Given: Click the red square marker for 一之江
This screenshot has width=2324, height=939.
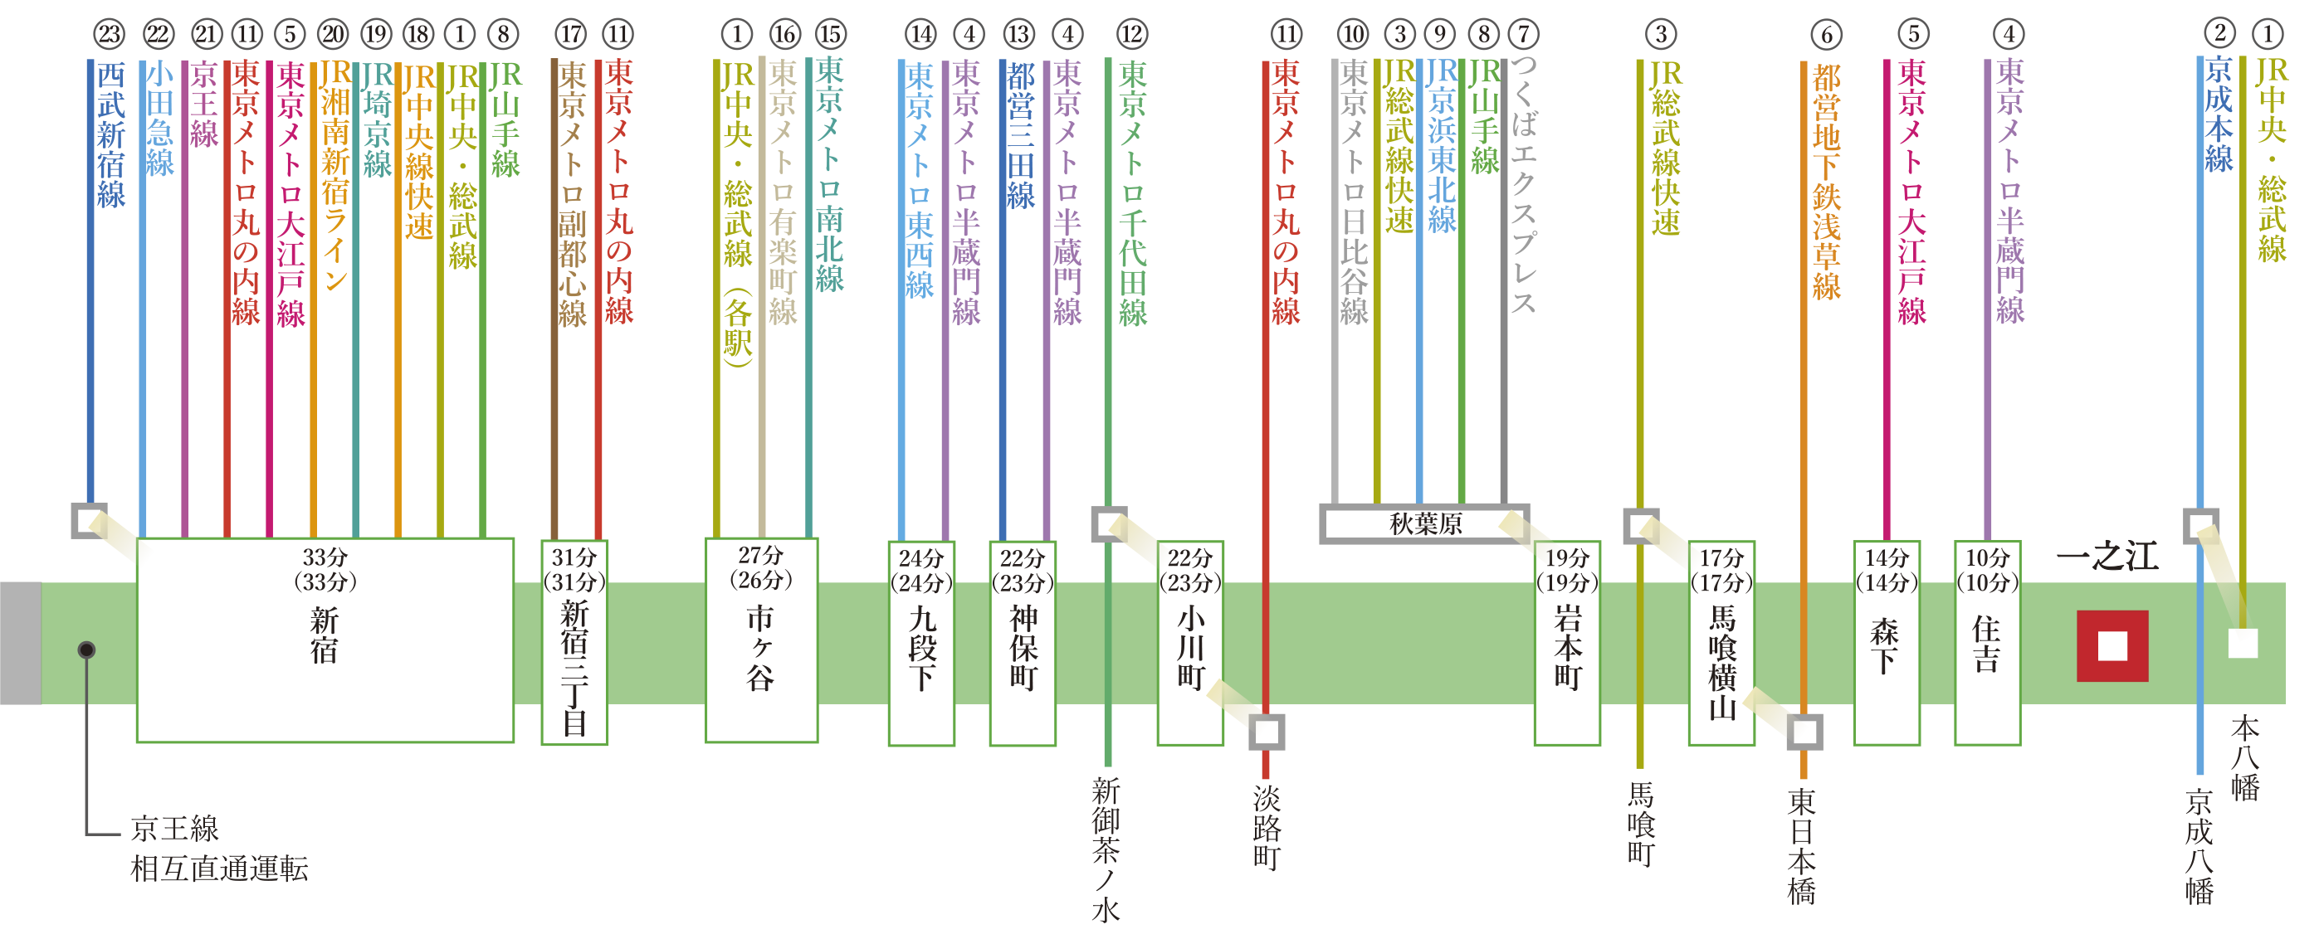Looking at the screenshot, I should pos(2112,646).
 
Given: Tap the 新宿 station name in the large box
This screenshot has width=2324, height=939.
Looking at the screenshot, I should pos(324,635).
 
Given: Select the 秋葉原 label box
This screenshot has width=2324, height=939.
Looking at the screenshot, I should pos(1424,523).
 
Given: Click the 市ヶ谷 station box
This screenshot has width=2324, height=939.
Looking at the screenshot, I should pos(760,640).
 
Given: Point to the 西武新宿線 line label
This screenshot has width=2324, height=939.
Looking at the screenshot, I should pos(111,135).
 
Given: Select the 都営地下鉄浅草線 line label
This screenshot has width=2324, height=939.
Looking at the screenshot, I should pos(1826,180).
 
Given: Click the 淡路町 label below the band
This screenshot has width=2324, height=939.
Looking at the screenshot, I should pos(1266,825).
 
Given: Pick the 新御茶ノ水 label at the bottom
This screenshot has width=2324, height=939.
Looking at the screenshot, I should pos(1106,848).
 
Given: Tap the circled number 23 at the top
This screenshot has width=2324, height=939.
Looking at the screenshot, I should pos(110,35).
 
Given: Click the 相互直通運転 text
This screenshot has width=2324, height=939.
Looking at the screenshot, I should pos(219,868).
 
